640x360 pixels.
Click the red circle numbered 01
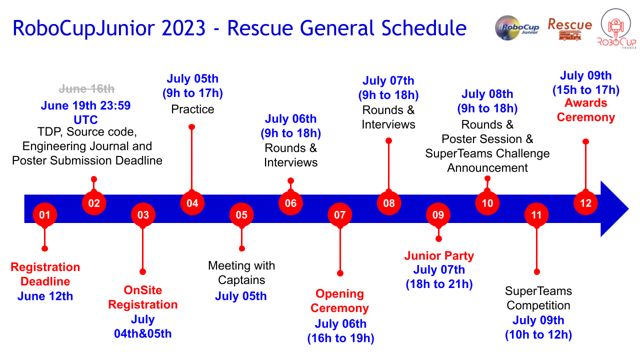[x=45, y=215]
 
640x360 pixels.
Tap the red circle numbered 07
[x=339, y=215]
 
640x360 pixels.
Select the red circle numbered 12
[x=585, y=203]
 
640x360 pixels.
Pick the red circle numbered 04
[x=192, y=203]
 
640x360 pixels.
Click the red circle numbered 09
[x=438, y=215]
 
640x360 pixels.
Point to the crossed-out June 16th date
[x=86, y=89]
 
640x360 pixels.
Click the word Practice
[x=192, y=109]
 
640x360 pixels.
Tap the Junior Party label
[x=439, y=255]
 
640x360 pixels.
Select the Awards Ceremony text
[x=585, y=110]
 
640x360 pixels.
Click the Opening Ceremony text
[x=339, y=301]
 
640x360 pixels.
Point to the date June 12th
[x=45, y=296]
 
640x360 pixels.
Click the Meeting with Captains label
[x=241, y=273]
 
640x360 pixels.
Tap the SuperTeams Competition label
[x=538, y=298]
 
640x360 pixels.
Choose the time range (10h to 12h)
[x=538, y=334]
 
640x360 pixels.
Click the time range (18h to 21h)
[x=439, y=284]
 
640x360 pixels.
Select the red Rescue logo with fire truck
[x=569, y=29]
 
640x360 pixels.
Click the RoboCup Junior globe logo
[x=516, y=27]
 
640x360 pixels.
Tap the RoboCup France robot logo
[x=616, y=28]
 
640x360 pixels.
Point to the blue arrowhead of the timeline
[x=614, y=209]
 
